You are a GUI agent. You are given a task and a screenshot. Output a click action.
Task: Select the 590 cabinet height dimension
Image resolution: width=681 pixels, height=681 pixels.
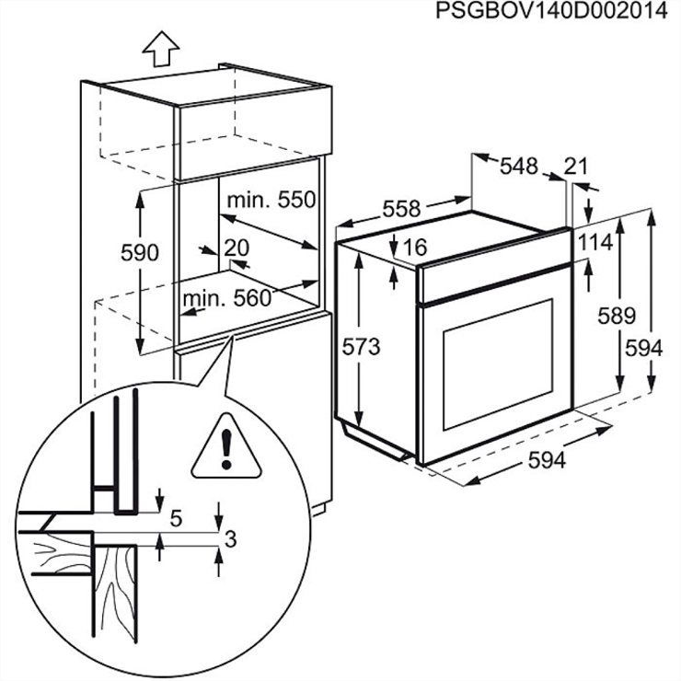[140, 252]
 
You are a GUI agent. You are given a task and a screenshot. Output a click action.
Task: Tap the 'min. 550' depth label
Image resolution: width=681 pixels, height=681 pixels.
[271, 200]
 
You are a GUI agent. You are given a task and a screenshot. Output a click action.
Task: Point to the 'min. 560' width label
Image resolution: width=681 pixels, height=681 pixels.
[226, 298]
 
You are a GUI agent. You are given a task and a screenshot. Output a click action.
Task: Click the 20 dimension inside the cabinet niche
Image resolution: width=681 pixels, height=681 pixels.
[237, 247]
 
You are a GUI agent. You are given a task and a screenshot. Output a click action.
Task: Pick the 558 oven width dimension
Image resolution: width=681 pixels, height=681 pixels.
[401, 209]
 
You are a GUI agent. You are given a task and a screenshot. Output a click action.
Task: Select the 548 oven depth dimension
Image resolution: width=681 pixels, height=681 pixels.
[518, 167]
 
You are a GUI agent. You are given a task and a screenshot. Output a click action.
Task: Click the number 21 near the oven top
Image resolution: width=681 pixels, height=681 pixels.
[576, 166]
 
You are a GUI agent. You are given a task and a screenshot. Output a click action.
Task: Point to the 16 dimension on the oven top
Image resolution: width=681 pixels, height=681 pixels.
[416, 247]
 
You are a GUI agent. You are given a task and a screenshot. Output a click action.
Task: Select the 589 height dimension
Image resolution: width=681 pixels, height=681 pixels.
[617, 316]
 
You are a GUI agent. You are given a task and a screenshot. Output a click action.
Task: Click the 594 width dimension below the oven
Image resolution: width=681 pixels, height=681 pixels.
[547, 461]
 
